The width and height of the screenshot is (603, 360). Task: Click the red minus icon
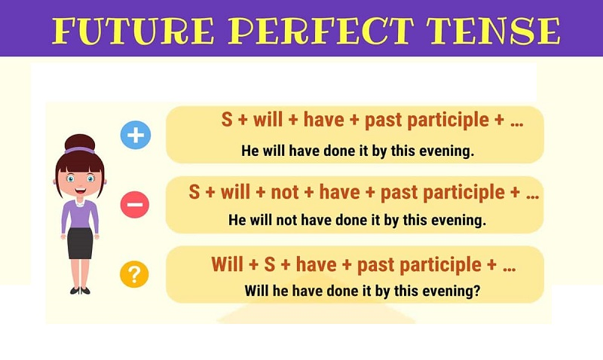[135, 204]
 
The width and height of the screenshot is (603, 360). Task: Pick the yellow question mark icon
[135, 274]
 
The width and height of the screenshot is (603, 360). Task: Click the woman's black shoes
[79, 290]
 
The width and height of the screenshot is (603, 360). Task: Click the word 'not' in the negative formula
[285, 193]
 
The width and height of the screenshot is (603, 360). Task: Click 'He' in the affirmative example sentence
[250, 151]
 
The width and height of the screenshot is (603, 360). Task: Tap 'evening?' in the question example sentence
[454, 291]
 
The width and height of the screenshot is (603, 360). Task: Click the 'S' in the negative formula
[194, 193]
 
